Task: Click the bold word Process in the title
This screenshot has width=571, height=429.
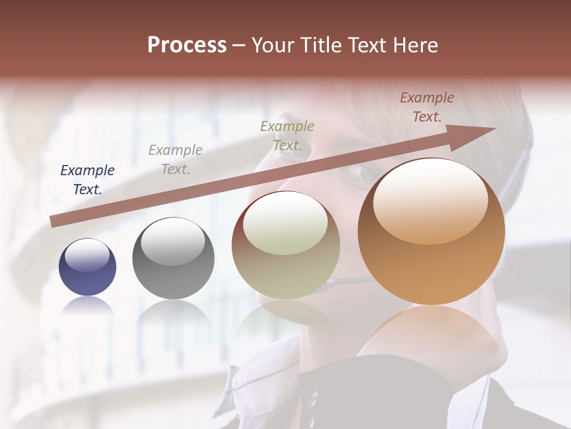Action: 187,45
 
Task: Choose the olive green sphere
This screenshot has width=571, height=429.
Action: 285,245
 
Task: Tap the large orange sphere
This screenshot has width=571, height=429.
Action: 431,232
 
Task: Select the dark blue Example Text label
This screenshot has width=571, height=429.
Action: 87,180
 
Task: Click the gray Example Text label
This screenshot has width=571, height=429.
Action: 175,160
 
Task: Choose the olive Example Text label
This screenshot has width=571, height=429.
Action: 287,135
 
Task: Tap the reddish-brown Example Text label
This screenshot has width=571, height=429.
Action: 427,107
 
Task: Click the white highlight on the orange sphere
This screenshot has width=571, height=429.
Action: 430,201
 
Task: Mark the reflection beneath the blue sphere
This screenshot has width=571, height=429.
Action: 87,306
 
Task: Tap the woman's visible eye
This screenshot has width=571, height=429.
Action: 364,173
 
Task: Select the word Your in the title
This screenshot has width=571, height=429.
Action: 272,45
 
